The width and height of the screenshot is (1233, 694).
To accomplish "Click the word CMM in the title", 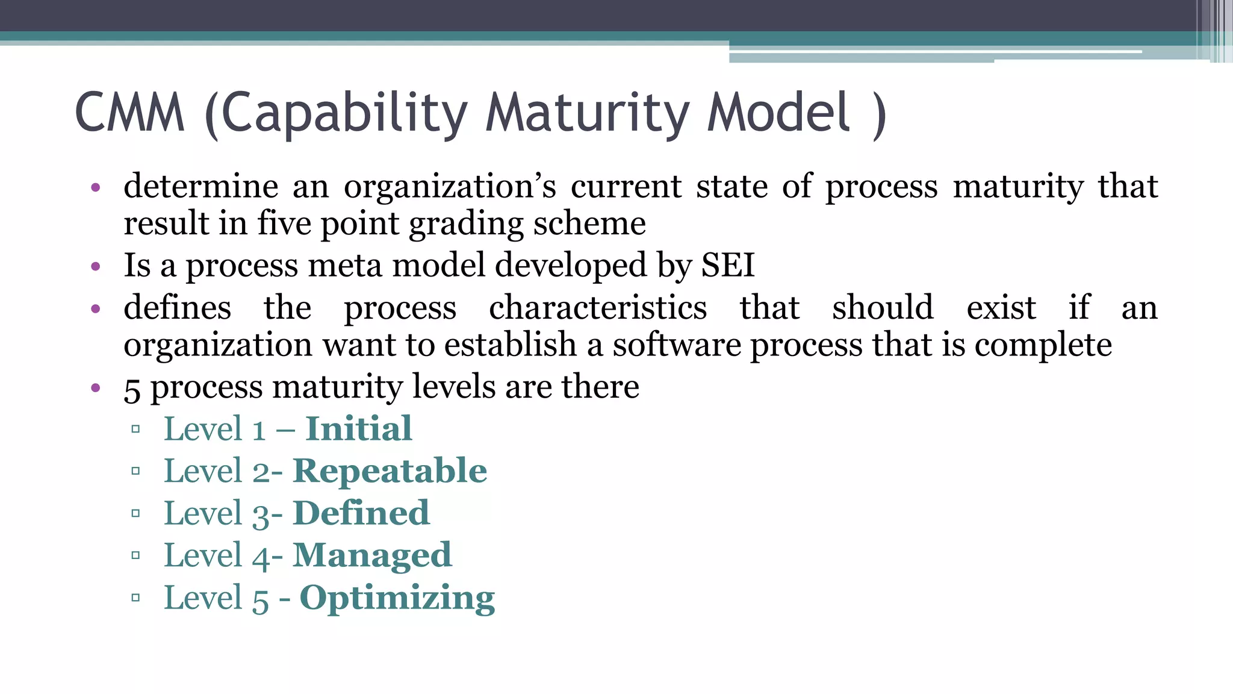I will [129, 113].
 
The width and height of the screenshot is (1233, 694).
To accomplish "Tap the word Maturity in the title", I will [587, 113].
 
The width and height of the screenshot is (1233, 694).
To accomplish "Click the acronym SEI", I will [727, 265].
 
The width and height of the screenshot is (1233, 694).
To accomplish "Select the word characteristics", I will [598, 308].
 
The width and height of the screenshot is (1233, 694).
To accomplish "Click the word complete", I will [1043, 346].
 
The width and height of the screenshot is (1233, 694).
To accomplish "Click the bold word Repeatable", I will [390, 471].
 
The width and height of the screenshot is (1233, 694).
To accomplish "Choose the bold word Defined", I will [361, 513].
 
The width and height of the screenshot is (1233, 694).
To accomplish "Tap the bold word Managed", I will [371, 555].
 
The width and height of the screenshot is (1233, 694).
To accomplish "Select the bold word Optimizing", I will [397, 599].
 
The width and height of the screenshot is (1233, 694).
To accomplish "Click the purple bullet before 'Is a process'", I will [95, 266].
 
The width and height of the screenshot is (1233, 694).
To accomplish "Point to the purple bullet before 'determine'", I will [95, 187].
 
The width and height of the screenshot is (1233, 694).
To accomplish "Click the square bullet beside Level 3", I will [135, 514].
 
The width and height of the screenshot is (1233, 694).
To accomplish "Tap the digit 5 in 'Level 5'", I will [260, 599].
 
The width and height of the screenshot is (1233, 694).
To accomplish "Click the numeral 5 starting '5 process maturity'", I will [132, 389].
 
